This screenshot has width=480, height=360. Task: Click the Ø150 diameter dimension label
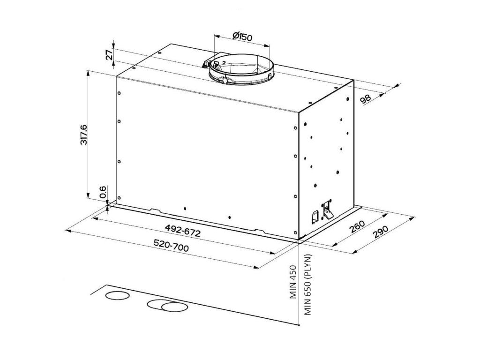tap(242, 37)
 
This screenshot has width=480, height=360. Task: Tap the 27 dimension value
tap(109, 55)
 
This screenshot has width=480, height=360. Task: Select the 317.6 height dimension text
tap(83, 135)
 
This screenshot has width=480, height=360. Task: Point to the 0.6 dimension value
tap(103, 192)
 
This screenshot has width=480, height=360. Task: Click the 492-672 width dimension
tap(182, 231)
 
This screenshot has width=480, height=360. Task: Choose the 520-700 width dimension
tap(171, 246)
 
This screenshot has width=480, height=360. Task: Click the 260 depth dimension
tap(357, 226)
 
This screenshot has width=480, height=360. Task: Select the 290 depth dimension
tap(381, 232)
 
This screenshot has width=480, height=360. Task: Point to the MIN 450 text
tap(293, 282)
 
